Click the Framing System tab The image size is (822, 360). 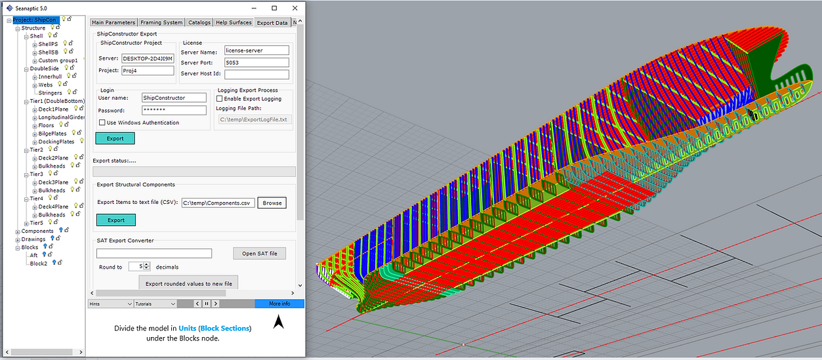point(161,22)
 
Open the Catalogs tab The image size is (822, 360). point(199,22)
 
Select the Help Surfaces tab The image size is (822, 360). point(234,22)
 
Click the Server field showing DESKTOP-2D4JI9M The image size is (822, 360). point(148,58)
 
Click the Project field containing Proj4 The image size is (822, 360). point(148,71)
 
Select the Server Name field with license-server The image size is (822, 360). point(256,50)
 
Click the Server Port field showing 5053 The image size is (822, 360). point(256,63)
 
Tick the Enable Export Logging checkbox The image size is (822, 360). point(220,99)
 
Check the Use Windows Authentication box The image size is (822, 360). point(102,123)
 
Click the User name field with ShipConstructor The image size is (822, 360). point(174,98)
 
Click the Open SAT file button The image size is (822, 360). point(259,254)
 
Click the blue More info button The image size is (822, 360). point(279,304)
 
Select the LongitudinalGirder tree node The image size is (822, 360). point(62,117)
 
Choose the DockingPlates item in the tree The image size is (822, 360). point(56,142)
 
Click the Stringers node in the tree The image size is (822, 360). point(51,93)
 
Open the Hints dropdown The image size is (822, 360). point(110,304)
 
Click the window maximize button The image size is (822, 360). point(274,8)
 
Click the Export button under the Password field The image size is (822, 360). point(115,138)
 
